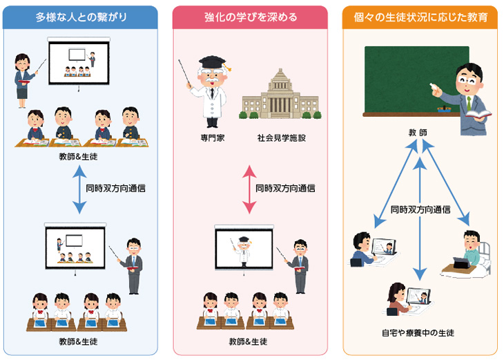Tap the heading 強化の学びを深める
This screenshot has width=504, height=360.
pos(251,17)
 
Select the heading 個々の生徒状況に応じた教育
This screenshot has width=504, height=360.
pos(420,17)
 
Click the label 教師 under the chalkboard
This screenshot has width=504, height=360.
pos(418,131)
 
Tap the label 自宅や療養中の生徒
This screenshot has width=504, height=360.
pos(418,332)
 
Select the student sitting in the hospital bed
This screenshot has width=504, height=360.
pos(472,249)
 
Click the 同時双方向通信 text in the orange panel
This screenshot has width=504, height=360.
pos(420,209)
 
